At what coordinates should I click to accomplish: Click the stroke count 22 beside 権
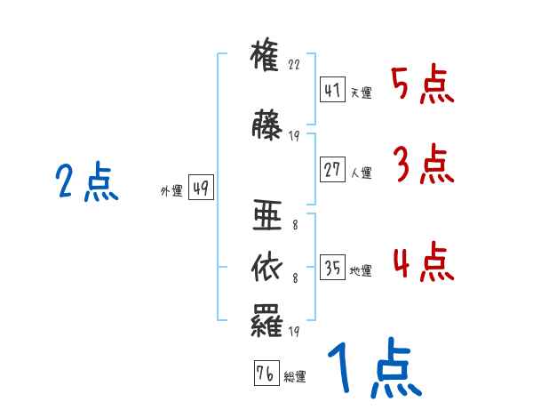pyautogui.click(x=295, y=66)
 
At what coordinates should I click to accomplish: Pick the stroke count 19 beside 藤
pyautogui.click(x=295, y=136)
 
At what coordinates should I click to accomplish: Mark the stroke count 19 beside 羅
pyautogui.click(x=295, y=332)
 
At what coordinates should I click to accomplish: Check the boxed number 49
pyautogui.click(x=201, y=189)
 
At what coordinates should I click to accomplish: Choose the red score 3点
pyautogui.click(x=422, y=165)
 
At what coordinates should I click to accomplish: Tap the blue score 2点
pyautogui.click(x=86, y=183)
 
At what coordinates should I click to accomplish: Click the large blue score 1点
pyautogui.click(x=373, y=368)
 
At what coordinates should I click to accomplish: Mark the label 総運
pyautogui.click(x=294, y=376)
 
